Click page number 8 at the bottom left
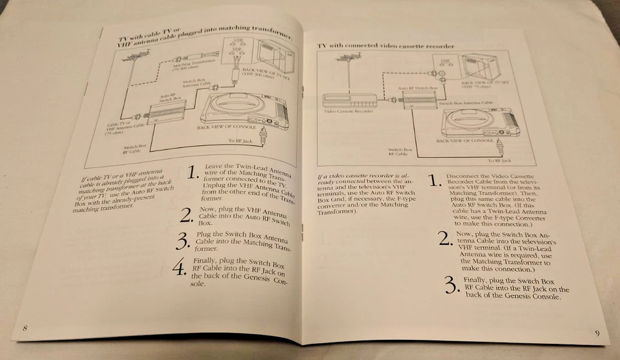[x=25, y=328]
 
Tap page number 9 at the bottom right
[x=597, y=333]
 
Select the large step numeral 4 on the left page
[x=178, y=268]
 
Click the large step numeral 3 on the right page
[x=453, y=284]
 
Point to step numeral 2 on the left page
[x=186, y=215]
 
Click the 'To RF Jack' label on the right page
[x=499, y=160]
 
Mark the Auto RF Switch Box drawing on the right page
[x=420, y=98]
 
